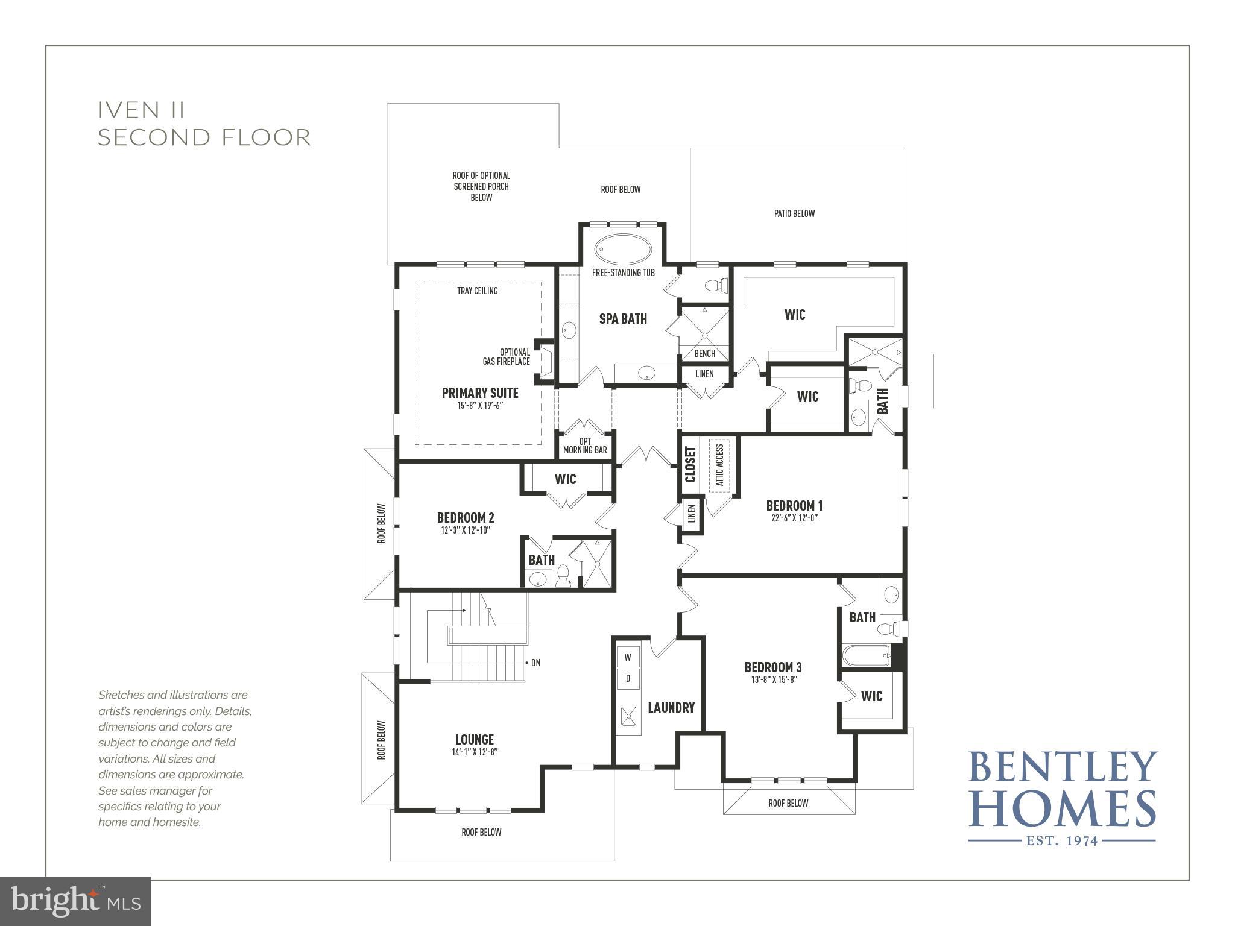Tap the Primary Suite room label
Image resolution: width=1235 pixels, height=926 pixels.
point(480,393)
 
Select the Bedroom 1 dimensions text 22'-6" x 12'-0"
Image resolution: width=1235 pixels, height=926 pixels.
point(794,518)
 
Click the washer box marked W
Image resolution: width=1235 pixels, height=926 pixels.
point(628,657)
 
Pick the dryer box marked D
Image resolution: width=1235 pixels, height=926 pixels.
point(628,679)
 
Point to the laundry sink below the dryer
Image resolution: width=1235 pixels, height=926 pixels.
point(628,715)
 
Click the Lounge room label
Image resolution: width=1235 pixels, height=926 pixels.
point(475,739)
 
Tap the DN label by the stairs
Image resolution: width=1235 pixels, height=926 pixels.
point(535,663)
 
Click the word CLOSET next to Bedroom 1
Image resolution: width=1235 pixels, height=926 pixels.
point(690,464)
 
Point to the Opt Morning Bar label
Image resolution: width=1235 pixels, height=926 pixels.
point(585,446)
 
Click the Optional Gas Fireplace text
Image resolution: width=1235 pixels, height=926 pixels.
point(507,357)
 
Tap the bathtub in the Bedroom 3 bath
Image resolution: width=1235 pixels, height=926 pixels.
point(867,655)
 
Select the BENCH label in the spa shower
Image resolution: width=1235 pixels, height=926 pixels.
point(704,353)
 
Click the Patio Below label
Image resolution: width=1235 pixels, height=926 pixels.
point(794,213)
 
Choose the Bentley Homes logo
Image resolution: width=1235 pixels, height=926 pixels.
point(1062,796)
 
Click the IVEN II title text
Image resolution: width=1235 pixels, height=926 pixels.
point(142,110)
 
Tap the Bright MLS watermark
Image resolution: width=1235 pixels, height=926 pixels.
point(75,901)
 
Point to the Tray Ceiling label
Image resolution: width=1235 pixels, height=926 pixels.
point(477,291)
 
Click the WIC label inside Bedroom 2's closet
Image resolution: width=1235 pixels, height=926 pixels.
point(565,479)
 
